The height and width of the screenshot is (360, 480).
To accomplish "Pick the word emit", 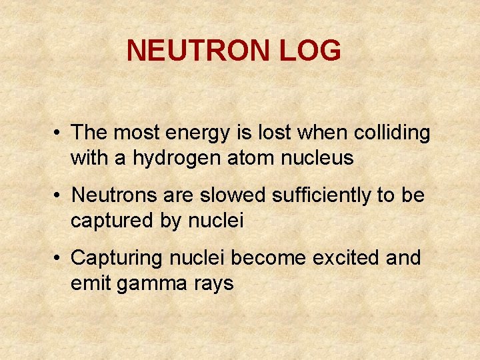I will (91, 283).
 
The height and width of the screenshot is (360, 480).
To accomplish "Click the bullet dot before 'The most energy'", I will (59, 133).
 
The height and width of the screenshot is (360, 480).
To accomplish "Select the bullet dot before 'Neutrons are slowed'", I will (59, 196).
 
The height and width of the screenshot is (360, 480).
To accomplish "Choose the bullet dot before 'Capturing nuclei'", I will (59, 258).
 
